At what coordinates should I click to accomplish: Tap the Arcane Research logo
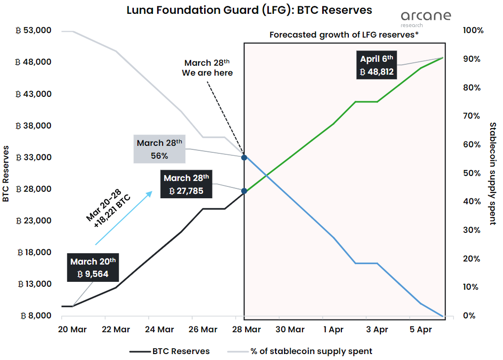coord(426,18)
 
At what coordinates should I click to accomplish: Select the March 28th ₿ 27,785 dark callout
coord(186,184)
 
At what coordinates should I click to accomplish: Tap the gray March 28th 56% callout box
coord(159,149)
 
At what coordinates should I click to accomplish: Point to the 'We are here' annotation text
coord(207,73)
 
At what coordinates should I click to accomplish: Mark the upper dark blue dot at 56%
coord(244,157)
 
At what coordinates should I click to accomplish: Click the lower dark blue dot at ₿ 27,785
coord(244,190)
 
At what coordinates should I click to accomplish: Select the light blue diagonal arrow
coord(124,218)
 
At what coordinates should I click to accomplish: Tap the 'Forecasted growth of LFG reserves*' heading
coord(344,35)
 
